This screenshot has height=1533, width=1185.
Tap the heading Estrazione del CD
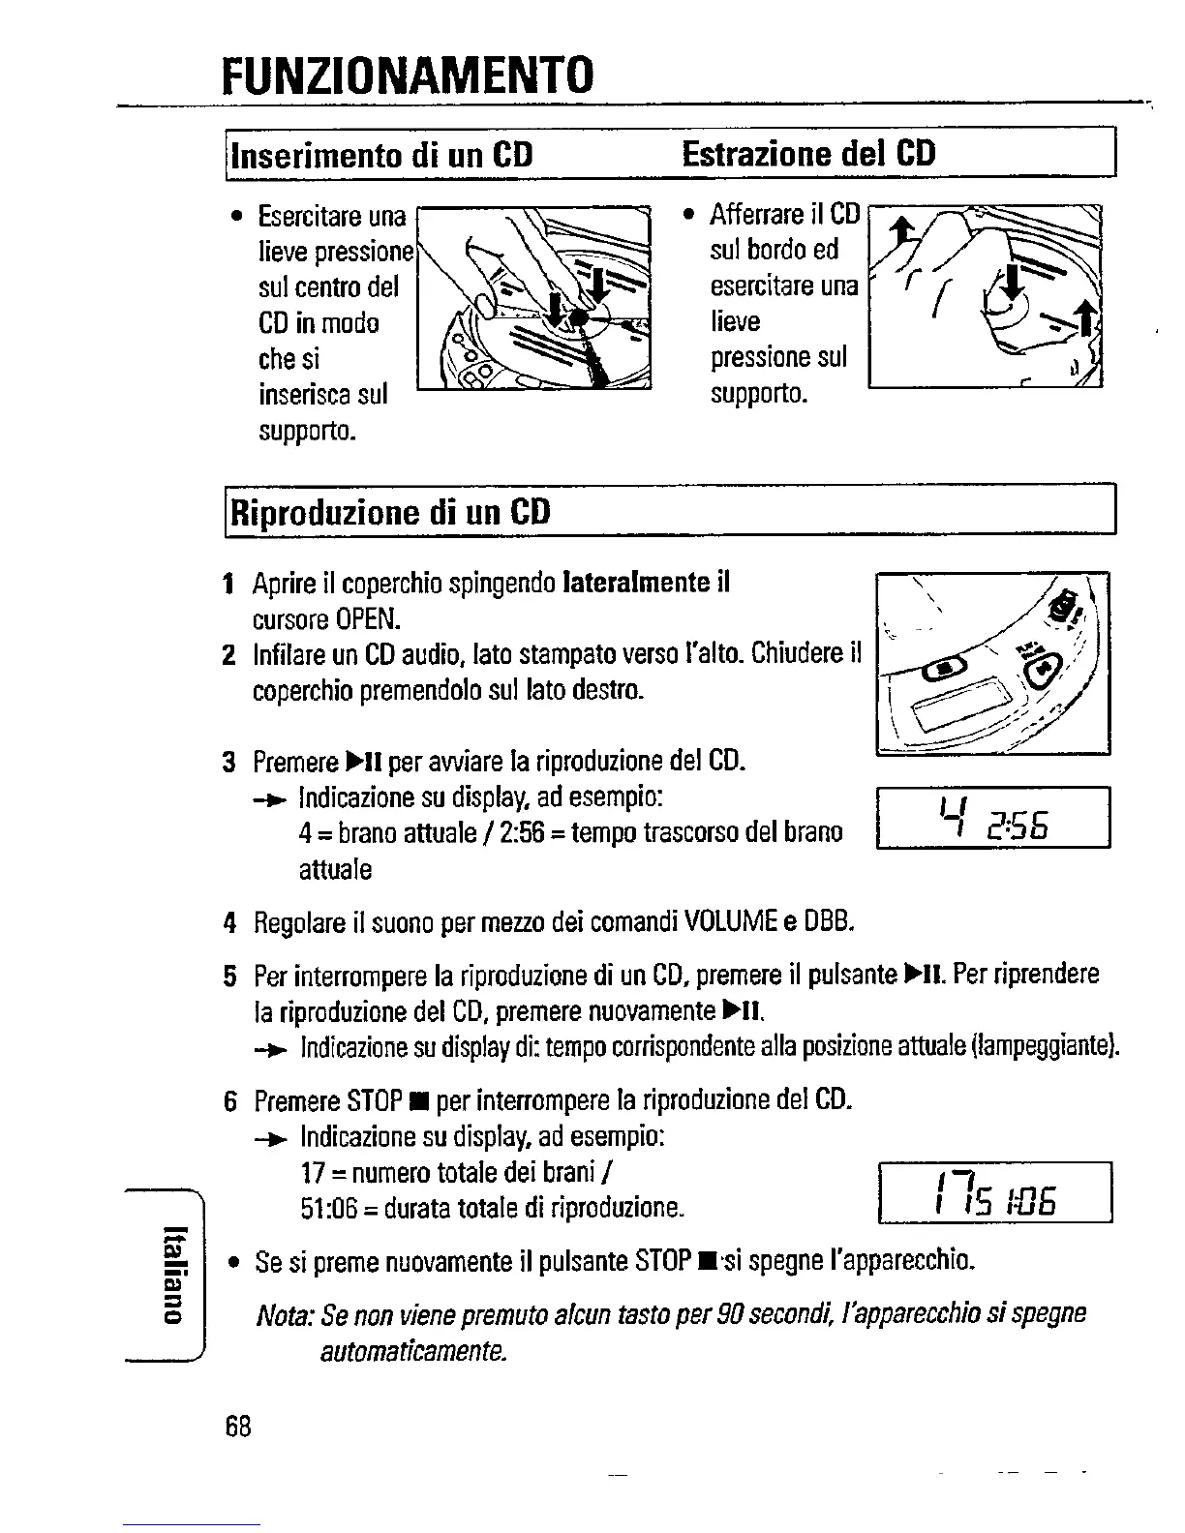(808, 153)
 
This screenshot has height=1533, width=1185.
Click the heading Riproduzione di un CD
(389, 510)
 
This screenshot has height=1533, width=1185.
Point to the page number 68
(238, 1426)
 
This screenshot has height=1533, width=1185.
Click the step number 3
(228, 763)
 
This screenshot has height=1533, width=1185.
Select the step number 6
(229, 1101)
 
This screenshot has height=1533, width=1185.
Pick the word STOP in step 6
(375, 1101)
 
